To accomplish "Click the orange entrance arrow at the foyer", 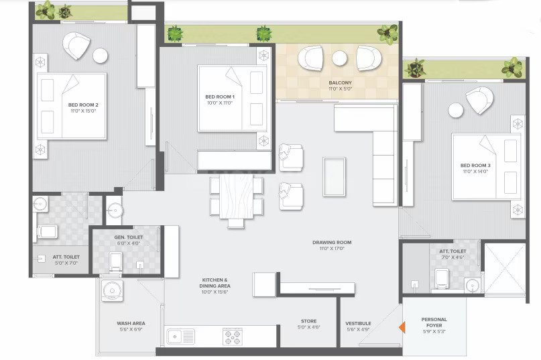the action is pos(402,327).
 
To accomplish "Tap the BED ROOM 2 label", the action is pos(83,105).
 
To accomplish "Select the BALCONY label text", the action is pos(340,83).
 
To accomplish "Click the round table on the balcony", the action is pos(339,58).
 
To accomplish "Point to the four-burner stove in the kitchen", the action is pos(233,337).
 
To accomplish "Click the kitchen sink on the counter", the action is pos(181,336).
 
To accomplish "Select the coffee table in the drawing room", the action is pos(334,177).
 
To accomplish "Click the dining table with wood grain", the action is pos(237,196).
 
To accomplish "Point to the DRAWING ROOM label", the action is pos(332,242).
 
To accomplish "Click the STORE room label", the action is pos(309,321).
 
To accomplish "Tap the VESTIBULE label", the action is pos(358,323).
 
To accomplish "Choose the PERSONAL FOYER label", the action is pos(434,322).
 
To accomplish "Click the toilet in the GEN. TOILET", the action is pos(115,261).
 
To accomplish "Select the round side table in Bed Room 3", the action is pos(455,111).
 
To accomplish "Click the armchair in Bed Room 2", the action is pos(76,45).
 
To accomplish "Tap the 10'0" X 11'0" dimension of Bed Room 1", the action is pos(220,103).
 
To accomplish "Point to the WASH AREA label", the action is pos(131,323).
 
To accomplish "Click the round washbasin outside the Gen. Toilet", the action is pos(115,210).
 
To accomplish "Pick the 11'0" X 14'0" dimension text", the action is pos(475,172).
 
